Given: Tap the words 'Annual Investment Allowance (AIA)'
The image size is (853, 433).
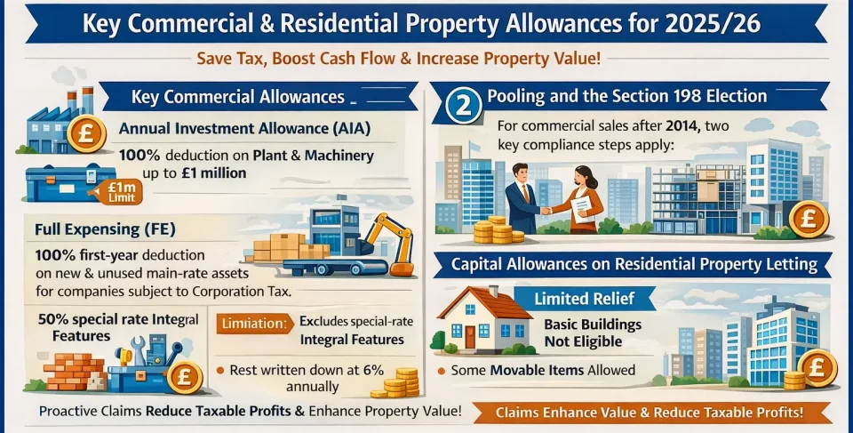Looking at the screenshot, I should coord(243,128).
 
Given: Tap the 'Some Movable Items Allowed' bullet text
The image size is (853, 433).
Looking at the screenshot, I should coord(542,370).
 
